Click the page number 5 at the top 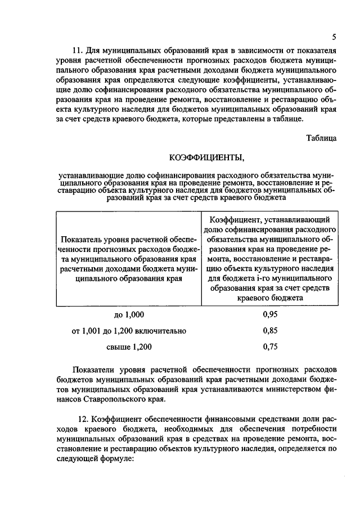tap(334, 38)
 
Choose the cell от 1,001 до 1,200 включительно tap(129, 331)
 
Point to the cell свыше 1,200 tap(129, 347)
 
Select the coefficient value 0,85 tap(270, 331)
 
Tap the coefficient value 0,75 tap(270, 347)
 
